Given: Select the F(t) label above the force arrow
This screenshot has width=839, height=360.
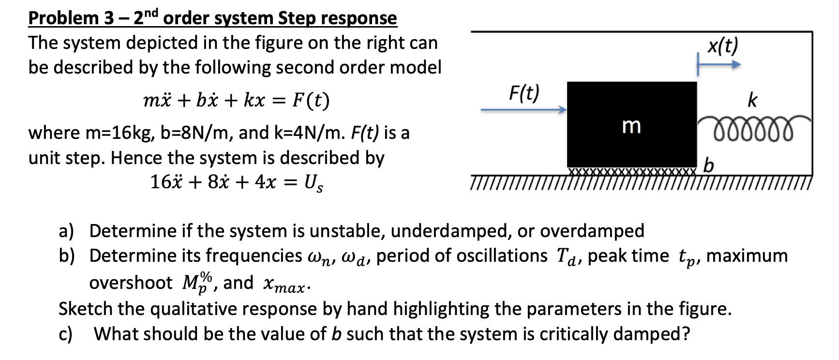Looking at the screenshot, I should tap(524, 92).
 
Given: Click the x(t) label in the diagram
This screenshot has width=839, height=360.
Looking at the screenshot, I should tap(723, 46).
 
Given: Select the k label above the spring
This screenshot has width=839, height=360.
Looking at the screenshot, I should tap(752, 100).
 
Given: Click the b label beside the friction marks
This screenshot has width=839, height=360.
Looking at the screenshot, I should tap(708, 165).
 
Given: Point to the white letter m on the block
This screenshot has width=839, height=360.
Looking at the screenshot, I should tap(631, 126).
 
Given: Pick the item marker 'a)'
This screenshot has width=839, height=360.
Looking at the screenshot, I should tap(66, 231).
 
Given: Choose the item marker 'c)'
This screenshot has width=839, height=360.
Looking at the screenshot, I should tap(65, 334).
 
